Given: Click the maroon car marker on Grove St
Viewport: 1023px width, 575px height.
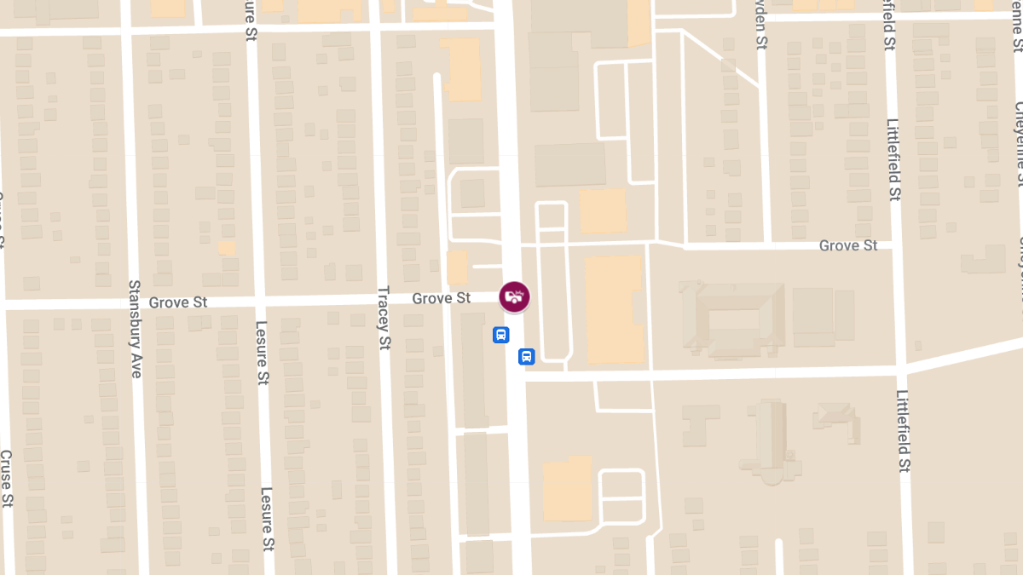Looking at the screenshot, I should pos(514,296).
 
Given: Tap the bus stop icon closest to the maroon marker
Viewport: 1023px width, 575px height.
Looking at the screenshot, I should pos(501,335).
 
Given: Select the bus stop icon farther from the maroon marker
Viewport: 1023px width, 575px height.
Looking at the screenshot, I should pos(526,356).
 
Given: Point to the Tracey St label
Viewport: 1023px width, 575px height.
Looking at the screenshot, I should pos(383,318).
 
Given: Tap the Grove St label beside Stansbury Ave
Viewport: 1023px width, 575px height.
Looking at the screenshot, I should pos(178,302).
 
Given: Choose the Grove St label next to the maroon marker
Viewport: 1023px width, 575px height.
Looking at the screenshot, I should pos(442,298).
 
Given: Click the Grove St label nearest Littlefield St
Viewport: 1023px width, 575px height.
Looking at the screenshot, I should pos(848,245).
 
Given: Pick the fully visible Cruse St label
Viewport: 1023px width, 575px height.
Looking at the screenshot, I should pos(6,477).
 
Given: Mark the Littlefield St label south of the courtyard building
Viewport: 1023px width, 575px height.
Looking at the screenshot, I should pos(903,430).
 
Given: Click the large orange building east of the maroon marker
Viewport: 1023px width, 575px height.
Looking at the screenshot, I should pos(614,308).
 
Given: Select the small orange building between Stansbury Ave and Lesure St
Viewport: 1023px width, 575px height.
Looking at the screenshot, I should pos(226,247).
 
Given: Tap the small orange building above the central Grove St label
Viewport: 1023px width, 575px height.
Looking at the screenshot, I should pos(458,267).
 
